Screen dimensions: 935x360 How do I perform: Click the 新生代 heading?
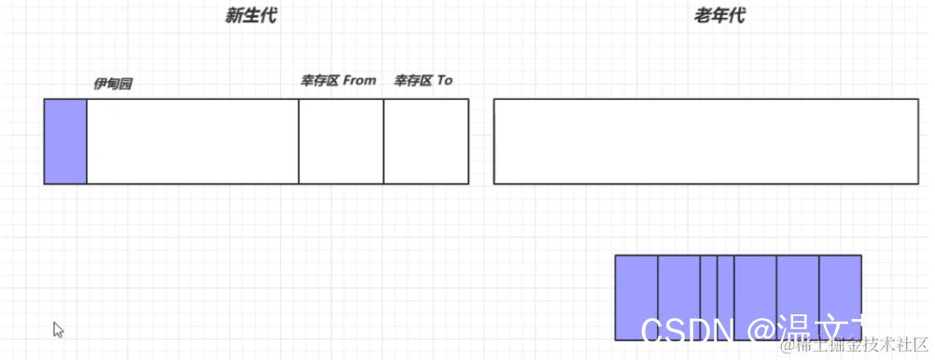tap(251, 16)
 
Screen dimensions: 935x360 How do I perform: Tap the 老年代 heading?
tap(719, 16)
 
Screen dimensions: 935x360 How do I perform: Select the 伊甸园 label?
tap(113, 84)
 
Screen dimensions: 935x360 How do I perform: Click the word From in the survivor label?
tap(359, 80)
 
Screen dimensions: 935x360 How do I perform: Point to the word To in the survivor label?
tap(444, 80)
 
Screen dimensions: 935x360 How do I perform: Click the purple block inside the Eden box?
tap(65, 141)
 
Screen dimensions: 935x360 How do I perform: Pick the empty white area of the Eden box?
tap(192, 141)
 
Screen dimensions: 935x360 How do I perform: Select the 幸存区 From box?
tap(341, 141)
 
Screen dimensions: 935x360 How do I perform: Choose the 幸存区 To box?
tap(426, 141)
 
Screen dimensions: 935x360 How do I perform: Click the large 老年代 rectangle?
tap(705, 141)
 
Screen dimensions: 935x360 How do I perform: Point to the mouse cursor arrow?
tap(58, 329)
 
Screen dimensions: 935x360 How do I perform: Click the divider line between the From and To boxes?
tap(384, 141)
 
